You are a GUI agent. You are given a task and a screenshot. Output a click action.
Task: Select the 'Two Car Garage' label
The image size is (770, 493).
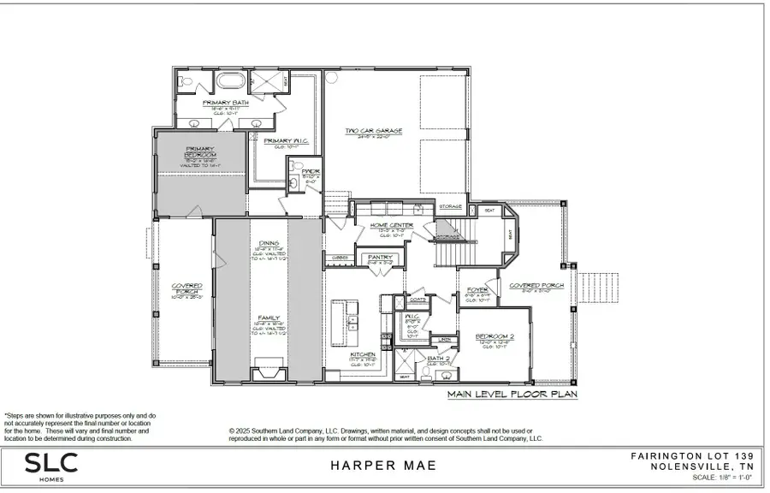[374, 131]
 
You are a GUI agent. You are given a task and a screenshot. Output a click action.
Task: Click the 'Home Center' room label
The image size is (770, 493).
[392, 225]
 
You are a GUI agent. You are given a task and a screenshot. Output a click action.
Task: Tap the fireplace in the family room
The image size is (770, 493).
[268, 374]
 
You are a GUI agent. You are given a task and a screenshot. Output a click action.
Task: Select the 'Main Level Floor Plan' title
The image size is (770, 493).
[512, 395]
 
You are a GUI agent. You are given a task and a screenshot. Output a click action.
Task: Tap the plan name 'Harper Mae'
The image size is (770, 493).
[383, 466]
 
